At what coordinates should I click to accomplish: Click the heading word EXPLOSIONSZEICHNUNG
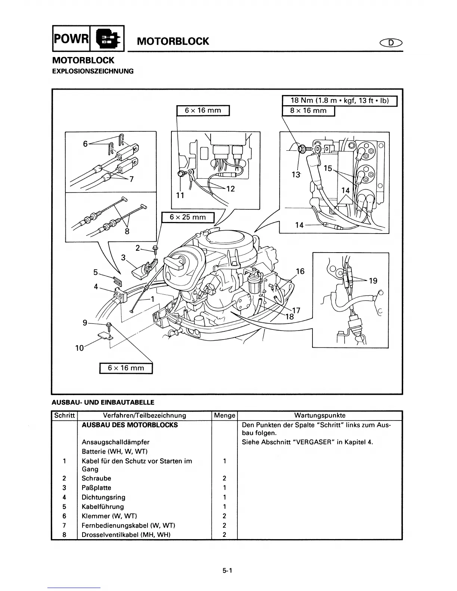[x=92, y=71]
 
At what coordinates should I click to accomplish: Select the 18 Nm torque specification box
[x=339, y=101]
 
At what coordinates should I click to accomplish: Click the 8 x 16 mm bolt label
[x=308, y=111]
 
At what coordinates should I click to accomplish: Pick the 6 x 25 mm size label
[x=187, y=217]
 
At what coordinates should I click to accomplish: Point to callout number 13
[x=296, y=174]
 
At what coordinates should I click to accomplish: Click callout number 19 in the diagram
[x=373, y=281]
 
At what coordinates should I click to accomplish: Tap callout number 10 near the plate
[x=79, y=348]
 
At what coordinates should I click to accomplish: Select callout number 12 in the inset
[x=230, y=189]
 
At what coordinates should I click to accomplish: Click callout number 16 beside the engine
[x=300, y=271]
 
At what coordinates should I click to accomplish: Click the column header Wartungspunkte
[x=320, y=415]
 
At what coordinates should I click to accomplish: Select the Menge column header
[x=224, y=415]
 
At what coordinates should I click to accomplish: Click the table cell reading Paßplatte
[x=96, y=488]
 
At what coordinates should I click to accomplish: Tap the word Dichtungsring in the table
[x=103, y=497]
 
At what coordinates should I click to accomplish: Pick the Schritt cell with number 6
[x=64, y=516]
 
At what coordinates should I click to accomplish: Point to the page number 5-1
[x=228, y=570]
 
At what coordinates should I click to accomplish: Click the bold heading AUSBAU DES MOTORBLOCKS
[x=130, y=425]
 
